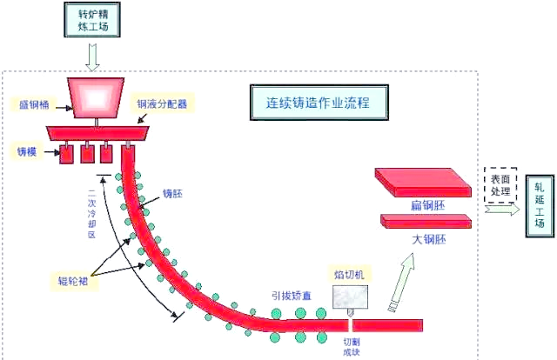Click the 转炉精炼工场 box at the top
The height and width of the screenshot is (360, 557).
tap(93, 19)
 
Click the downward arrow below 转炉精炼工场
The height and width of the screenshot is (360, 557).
tap(93, 57)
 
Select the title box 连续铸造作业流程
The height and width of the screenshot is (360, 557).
tap(318, 102)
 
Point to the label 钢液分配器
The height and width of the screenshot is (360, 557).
tap(162, 103)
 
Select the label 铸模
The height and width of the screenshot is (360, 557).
tap(25, 150)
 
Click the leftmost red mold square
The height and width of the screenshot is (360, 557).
tap(66, 155)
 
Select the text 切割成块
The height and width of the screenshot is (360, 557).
tap(352, 346)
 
